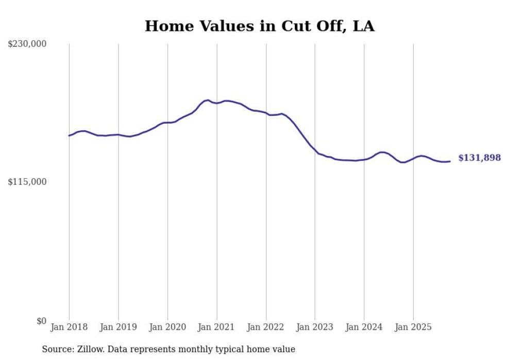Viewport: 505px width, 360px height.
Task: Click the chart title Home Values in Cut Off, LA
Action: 259,26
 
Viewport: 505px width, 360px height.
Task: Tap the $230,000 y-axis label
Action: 27,44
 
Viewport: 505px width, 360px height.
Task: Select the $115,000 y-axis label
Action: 27,182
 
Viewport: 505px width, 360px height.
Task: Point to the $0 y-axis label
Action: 41,321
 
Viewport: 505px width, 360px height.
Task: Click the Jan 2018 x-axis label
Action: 69,327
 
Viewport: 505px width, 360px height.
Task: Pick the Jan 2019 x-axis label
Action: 119,327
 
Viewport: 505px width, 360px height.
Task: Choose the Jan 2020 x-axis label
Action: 167,327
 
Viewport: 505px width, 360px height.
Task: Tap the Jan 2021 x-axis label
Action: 216,327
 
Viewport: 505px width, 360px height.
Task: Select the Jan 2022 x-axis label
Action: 266,327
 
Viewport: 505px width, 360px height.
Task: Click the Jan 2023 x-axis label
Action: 315,327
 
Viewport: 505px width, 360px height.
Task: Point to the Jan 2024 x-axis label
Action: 364,327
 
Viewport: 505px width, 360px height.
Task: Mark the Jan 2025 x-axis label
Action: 413,327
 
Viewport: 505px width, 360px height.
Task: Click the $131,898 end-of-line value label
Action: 479,158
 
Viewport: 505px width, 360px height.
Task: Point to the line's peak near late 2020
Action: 207,100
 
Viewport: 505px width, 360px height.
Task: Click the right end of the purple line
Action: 450,161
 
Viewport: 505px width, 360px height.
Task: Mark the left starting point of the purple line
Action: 69,135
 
